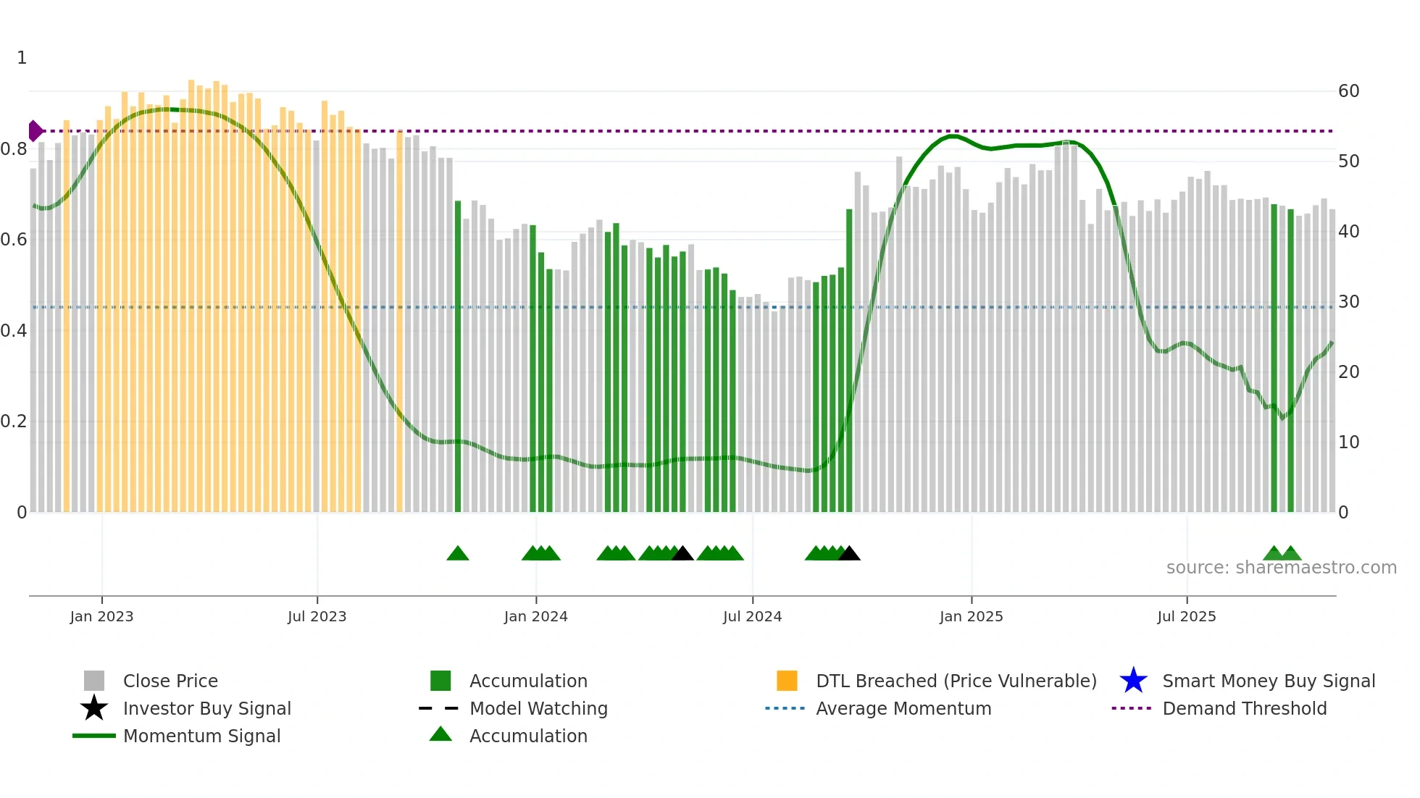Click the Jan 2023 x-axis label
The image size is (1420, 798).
click(x=101, y=616)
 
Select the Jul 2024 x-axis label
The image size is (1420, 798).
click(x=752, y=616)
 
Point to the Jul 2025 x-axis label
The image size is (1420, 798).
click(x=1186, y=616)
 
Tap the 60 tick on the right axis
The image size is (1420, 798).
click(x=1348, y=91)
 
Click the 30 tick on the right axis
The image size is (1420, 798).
click(x=1348, y=302)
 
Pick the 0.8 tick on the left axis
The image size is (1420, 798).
click(x=14, y=149)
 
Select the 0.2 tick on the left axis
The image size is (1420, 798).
click(x=14, y=421)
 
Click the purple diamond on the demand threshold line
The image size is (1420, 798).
click(x=35, y=131)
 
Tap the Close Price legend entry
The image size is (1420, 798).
click(x=170, y=681)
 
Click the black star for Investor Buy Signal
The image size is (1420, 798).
click(x=94, y=708)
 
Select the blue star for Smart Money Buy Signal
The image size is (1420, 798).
click(x=1133, y=681)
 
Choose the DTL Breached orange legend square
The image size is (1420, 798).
click(x=787, y=681)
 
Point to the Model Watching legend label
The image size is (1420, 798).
click(x=538, y=708)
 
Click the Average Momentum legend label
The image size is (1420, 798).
click(x=903, y=708)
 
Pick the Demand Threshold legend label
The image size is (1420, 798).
click(x=1244, y=708)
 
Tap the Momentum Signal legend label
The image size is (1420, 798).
click(x=201, y=736)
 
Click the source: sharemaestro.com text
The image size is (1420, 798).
click(x=1281, y=568)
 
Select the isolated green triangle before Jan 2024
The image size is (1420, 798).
click(x=458, y=554)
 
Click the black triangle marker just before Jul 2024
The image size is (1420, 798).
click(x=682, y=554)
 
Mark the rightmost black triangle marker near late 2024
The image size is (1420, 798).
click(x=849, y=554)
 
